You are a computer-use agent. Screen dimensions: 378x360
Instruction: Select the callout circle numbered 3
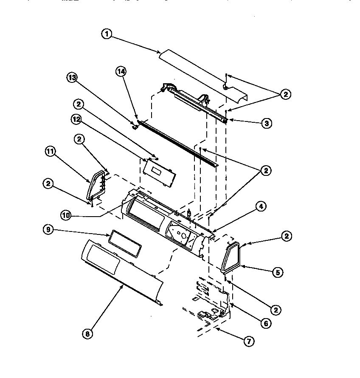click(266, 123)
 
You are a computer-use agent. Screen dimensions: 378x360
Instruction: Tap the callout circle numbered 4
click(261, 207)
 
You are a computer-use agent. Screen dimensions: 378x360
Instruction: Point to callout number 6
click(266, 323)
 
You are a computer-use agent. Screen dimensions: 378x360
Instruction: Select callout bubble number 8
click(88, 334)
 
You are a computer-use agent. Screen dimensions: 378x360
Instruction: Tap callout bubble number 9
click(48, 230)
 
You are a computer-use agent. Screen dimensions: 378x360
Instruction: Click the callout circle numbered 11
click(50, 151)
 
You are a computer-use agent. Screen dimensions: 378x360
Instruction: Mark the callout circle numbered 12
click(76, 119)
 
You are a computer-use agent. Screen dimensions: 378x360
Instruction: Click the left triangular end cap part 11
click(97, 185)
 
